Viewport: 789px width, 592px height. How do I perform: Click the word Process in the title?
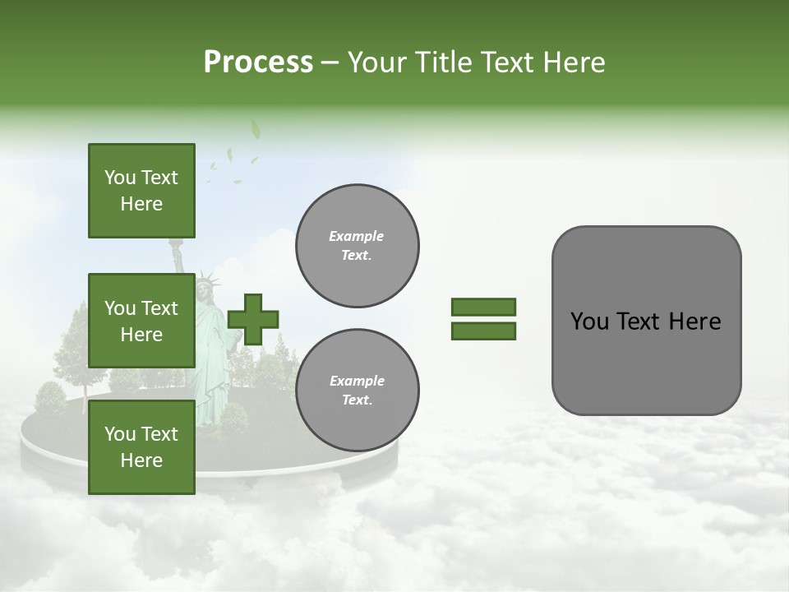[258, 62]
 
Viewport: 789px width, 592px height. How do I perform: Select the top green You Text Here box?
[141, 191]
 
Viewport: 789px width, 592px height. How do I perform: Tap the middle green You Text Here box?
[141, 321]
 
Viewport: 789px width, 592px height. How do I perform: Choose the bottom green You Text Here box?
[141, 446]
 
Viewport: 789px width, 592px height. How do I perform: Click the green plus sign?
[253, 319]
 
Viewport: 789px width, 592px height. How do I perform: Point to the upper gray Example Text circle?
[357, 245]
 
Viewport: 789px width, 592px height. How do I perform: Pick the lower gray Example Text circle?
[357, 390]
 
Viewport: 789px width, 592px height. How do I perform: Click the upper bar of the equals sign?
[483, 307]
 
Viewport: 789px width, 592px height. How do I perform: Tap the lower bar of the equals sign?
[483, 331]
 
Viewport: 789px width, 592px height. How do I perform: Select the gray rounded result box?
[646, 321]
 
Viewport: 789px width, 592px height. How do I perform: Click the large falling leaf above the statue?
[255, 129]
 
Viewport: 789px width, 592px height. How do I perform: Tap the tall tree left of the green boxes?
[72, 337]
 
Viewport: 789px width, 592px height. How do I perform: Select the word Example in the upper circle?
[357, 236]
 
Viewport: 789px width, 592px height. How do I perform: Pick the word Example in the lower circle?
[357, 381]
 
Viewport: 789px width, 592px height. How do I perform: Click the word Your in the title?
[376, 62]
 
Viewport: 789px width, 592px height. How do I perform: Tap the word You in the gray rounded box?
[588, 321]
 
